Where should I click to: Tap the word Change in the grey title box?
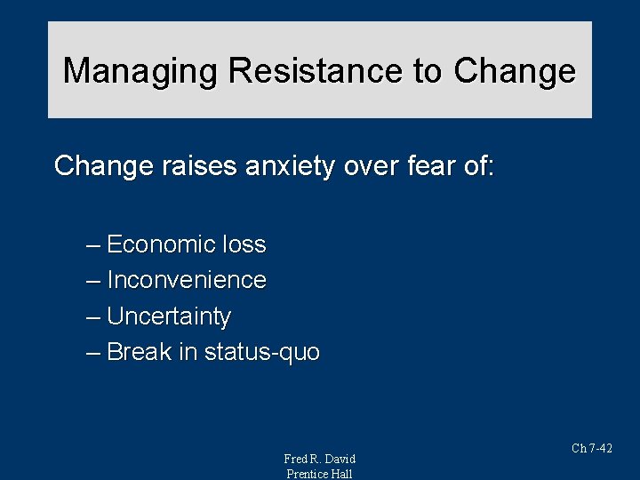point(515,70)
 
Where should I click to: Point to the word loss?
point(244,244)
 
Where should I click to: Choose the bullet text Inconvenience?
point(187,280)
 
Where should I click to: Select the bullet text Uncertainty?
point(169,316)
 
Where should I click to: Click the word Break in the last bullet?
point(140,352)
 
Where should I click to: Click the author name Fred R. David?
point(319,459)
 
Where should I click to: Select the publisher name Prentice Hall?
point(319,474)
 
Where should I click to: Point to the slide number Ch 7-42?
point(592,449)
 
